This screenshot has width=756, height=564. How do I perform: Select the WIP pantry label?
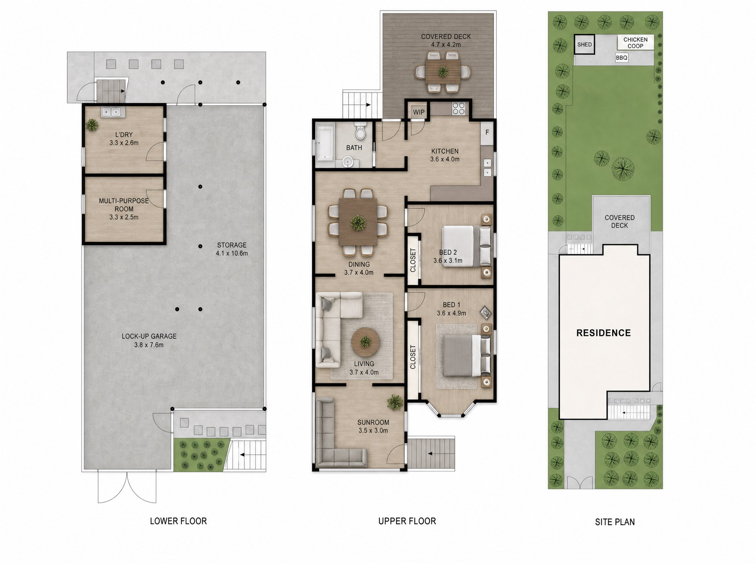[418, 112]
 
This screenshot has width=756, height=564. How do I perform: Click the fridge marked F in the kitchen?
[487, 133]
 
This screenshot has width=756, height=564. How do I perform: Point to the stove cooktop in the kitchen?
[459, 108]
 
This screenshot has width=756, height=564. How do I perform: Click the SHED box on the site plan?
[584, 45]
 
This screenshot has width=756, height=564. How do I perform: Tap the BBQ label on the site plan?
[621, 58]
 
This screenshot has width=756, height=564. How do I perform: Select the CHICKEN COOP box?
[635, 43]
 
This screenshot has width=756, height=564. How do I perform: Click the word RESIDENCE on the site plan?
[604, 333]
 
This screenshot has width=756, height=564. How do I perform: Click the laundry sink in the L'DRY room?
[111, 112]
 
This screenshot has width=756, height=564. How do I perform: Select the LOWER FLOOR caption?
[178, 521]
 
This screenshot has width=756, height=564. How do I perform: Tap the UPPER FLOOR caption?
[407, 521]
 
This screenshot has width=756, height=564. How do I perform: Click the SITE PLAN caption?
[615, 522]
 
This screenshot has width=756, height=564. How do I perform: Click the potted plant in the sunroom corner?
[395, 402]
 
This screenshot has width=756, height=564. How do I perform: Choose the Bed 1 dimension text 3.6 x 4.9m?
[451, 313]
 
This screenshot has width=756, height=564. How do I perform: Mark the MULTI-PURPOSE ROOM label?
[124, 205]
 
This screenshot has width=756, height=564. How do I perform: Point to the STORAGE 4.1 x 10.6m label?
[232, 249]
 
